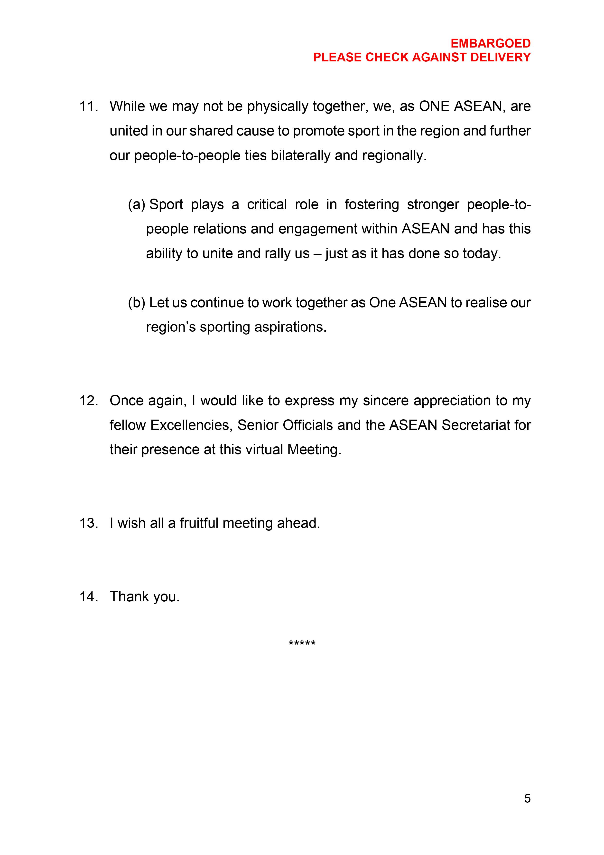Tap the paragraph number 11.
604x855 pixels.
[x=89, y=106]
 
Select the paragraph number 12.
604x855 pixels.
[x=89, y=401]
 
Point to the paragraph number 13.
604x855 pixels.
[x=89, y=523]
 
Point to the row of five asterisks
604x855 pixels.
[x=302, y=644]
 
